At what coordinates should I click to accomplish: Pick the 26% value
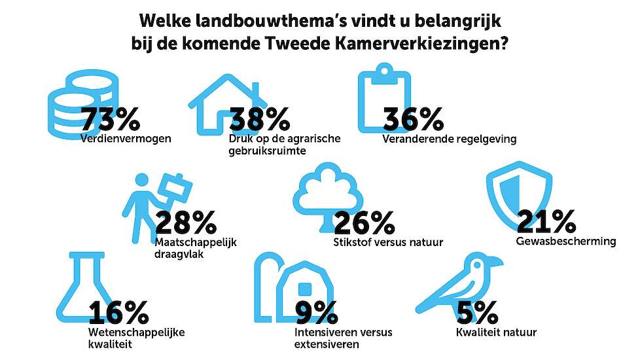tap(363, 224)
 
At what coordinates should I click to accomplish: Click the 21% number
tap(546, 223)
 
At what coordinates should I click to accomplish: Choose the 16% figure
tap(118, 314)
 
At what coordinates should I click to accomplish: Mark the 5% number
tap(478, 314)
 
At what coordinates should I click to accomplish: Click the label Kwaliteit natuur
tap(496, 333)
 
